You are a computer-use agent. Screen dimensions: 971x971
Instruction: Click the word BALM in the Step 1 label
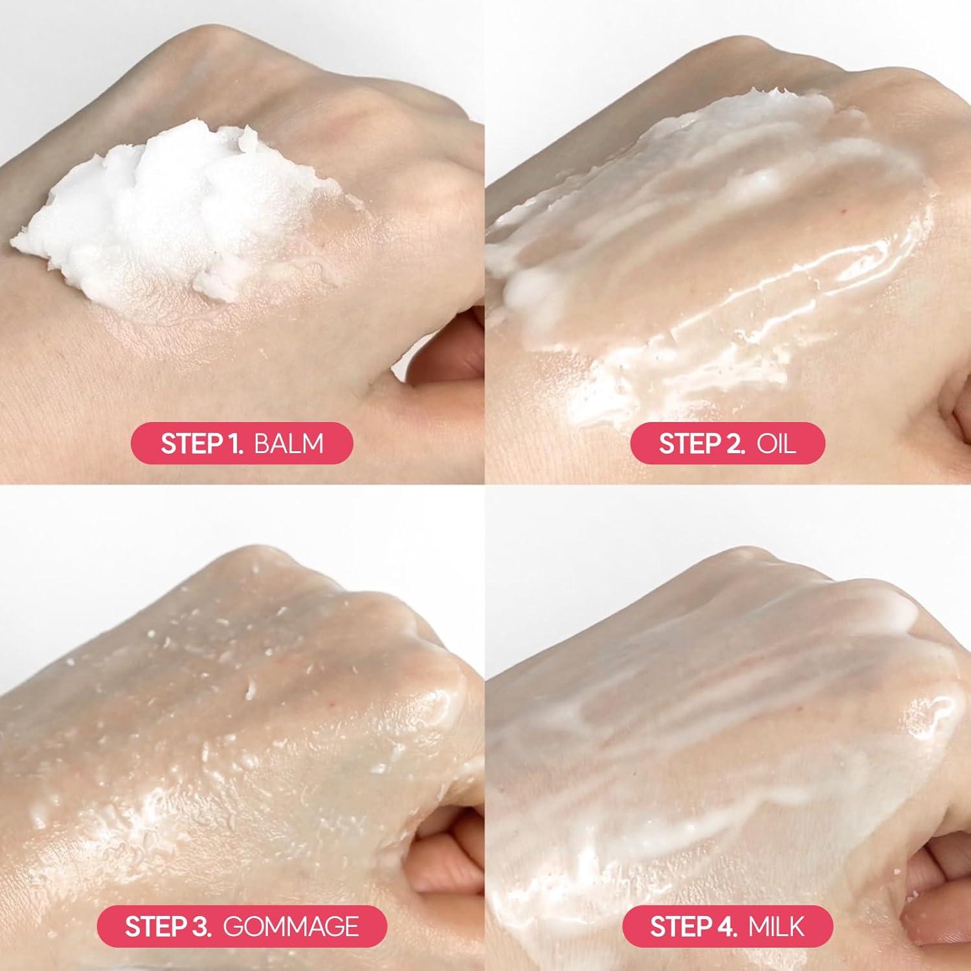289,443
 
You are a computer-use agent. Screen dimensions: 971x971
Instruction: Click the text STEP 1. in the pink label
201,443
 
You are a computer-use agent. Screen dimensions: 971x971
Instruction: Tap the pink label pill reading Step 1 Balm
242,443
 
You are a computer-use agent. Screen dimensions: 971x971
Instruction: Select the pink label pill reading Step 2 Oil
728,443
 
